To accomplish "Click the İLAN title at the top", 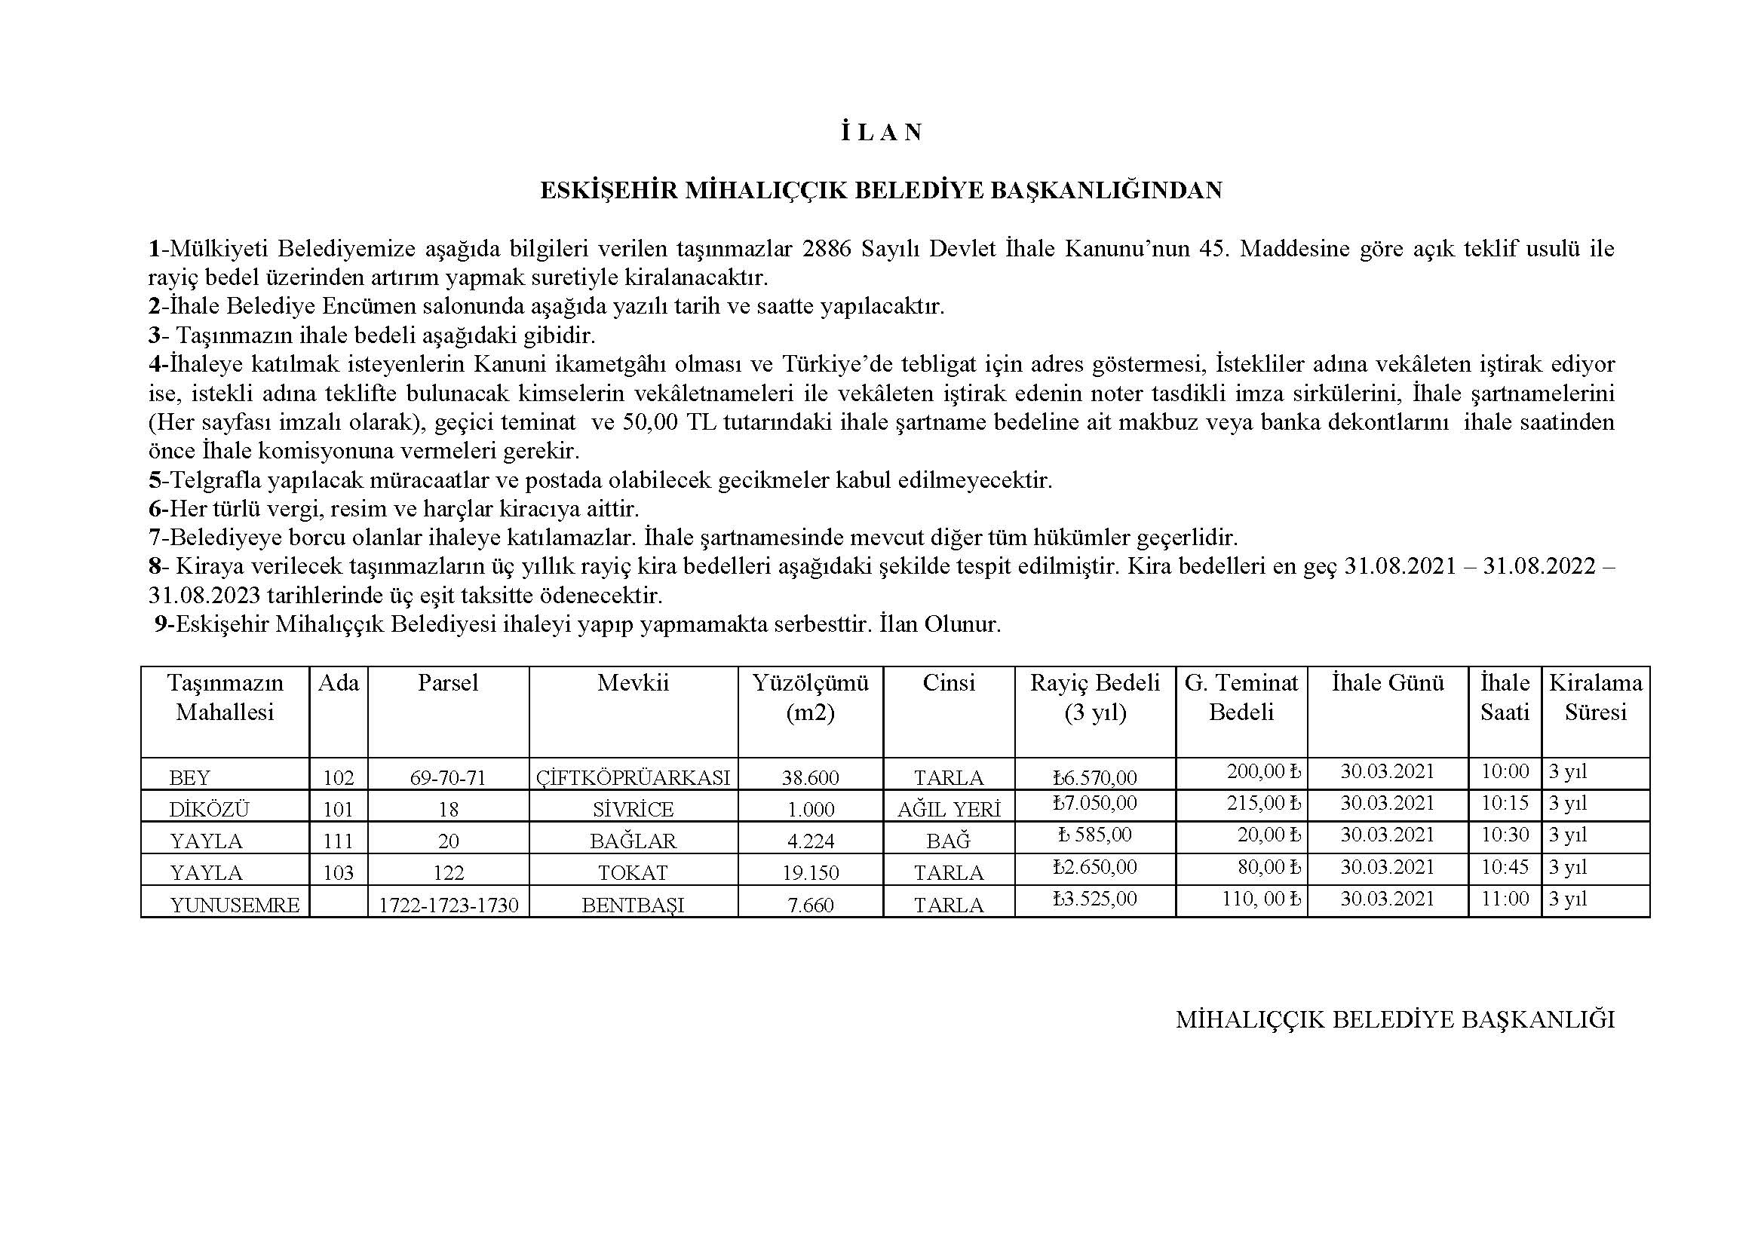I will [x=881, y=133].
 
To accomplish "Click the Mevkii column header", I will [x=633, y=682].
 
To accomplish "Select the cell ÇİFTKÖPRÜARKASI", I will [x=633, y=778].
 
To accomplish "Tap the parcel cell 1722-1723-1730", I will [x=449, y=905].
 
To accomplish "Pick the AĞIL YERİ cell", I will [x=949, y=809].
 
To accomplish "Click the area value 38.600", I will [x=811, y=778].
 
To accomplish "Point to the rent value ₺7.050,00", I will [x=1095, y=803].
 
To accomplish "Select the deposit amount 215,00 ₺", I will [x=1264, y=803].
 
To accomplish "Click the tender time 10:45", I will [x=1505, y=867].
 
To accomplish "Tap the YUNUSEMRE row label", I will [x=235, y=905].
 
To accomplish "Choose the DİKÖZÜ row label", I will [x=210, y=809].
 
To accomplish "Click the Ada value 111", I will [x=338, y=841].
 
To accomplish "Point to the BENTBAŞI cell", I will [x=633, y=905].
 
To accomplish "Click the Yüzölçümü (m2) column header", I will [x=811, y=697].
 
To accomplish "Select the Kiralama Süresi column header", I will [x=1596, y=697].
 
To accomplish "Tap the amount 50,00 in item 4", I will [x=651, y=422].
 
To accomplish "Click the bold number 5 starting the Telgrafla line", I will [x=155, y=481].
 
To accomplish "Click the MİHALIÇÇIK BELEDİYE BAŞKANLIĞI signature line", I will [x=1394, y=1020].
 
